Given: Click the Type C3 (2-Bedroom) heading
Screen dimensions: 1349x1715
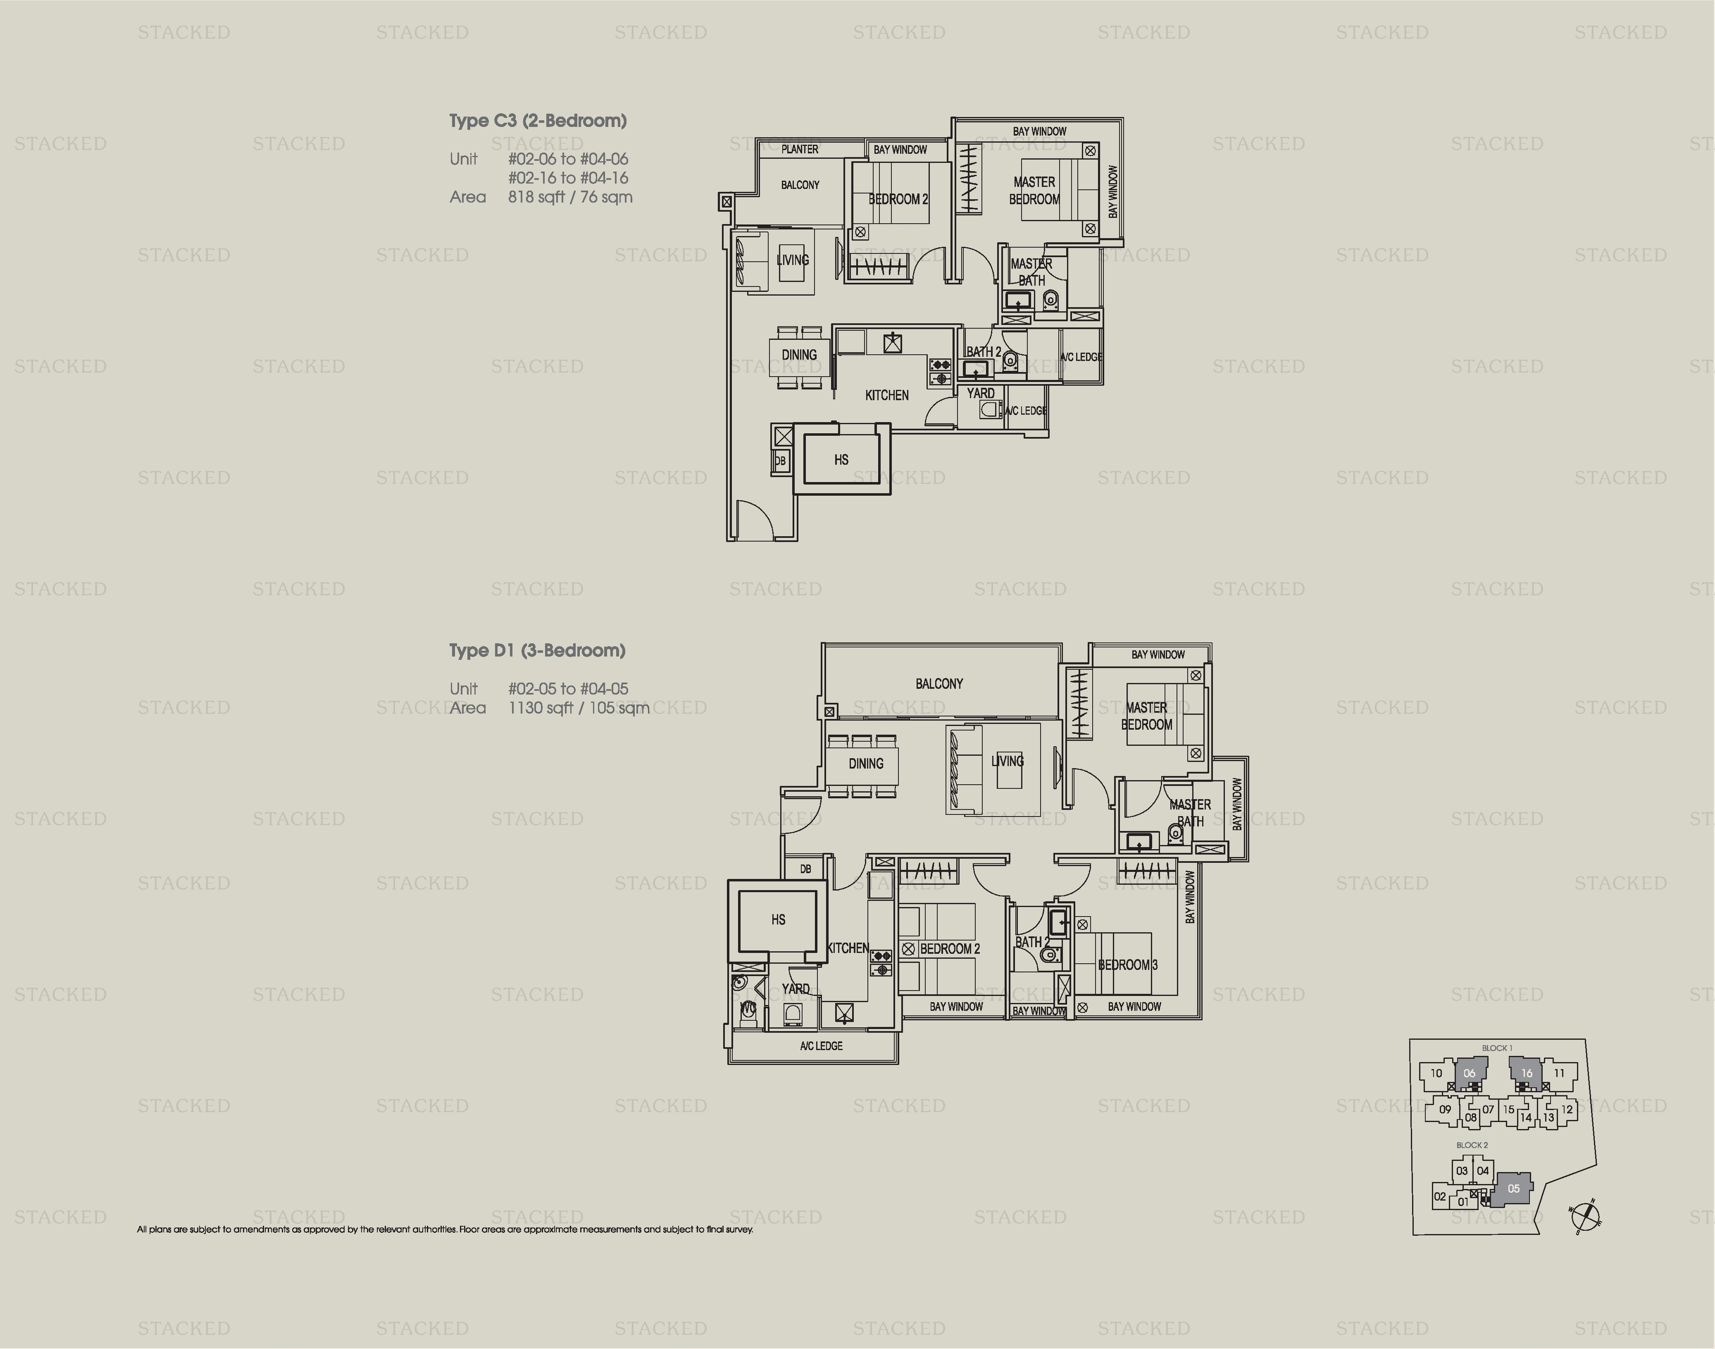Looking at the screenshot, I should point(538,121).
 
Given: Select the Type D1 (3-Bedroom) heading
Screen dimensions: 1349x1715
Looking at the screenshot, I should point(537,651).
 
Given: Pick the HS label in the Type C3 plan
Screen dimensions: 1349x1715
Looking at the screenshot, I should point(841,460).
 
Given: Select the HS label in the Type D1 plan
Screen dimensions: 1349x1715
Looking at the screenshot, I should point(778,919).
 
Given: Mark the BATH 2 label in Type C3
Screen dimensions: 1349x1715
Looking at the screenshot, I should point(983,351).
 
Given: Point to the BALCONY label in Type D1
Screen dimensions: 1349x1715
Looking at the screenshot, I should point(939,684).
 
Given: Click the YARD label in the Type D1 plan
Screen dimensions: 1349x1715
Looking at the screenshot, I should point(795,989).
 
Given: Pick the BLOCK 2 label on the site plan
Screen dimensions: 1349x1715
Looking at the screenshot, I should point(1472,1144).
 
